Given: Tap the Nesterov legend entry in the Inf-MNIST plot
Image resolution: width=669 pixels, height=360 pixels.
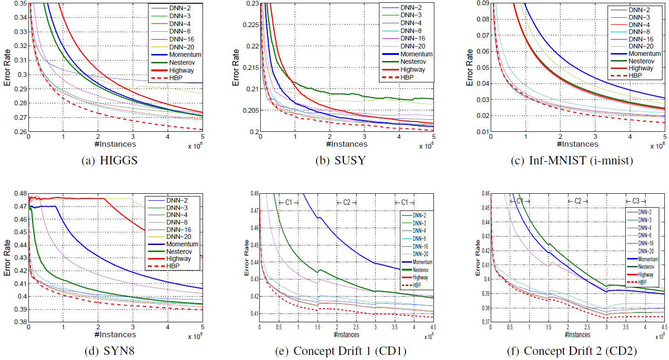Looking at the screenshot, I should pyautogui.click(x=639, y=61).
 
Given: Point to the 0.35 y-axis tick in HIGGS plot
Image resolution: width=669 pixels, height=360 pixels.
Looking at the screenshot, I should pyautogui.click(x=20, y=4).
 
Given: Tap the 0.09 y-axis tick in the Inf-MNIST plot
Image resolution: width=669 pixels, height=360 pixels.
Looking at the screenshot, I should pyautogui.click(x=482, y=4).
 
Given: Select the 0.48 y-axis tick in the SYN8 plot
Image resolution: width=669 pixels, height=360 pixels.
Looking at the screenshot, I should pyautogui.click(x=20, y=193).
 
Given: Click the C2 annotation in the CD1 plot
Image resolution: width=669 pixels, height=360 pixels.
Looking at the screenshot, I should pyautogui.click(x=346, y=202).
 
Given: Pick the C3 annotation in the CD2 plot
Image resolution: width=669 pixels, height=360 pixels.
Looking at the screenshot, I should pyautogui.click(x=635, y=201).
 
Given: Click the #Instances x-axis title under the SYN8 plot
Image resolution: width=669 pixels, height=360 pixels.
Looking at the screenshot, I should pyautogui.click(x=115, y=335).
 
